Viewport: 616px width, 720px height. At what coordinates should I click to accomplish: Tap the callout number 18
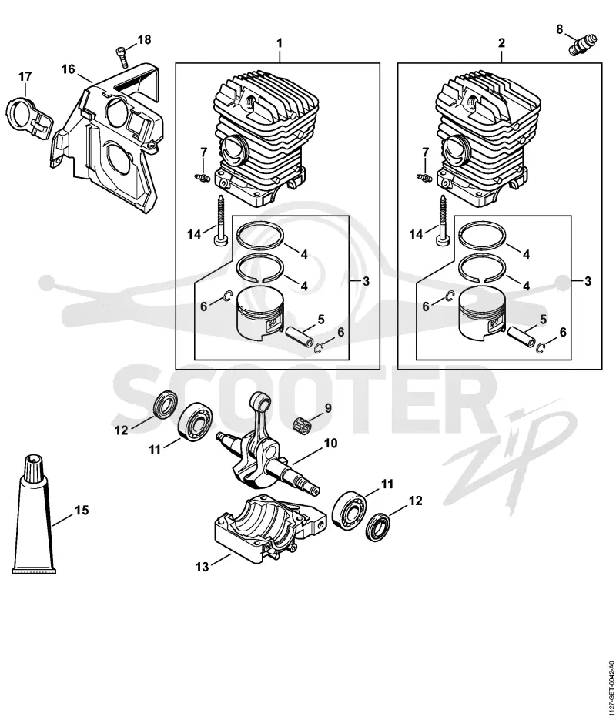[x=144, y=40]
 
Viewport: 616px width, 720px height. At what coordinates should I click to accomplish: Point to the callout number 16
[x=68, y=69]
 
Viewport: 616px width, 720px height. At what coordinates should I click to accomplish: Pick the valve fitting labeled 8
[x=581, y=45]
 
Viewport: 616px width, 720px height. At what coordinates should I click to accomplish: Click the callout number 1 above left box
[x=279, y=44]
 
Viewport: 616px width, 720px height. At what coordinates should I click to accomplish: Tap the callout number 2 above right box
[x=501, y=43]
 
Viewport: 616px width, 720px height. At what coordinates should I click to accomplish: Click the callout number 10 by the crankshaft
[x=330, y=443]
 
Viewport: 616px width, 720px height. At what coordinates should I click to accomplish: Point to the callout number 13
[x=202, y=567]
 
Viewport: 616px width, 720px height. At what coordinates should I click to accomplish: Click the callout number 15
[x=82, y=510]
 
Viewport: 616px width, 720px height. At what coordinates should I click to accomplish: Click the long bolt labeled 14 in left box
[x=221, y=220]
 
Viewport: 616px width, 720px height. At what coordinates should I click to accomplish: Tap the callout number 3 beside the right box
[x=588, y=282]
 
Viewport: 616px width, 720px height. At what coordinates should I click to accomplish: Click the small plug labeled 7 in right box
[x=422, y=176]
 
